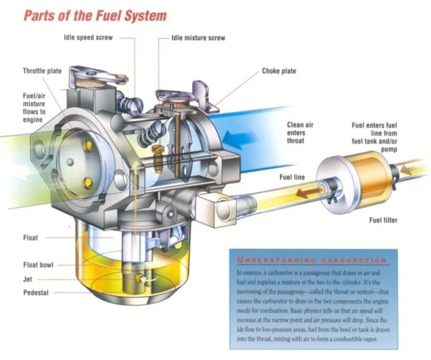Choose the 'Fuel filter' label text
point(383,220)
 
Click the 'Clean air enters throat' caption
point(300,132)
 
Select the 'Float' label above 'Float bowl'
point(30,237)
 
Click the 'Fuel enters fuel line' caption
point(376,137)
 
